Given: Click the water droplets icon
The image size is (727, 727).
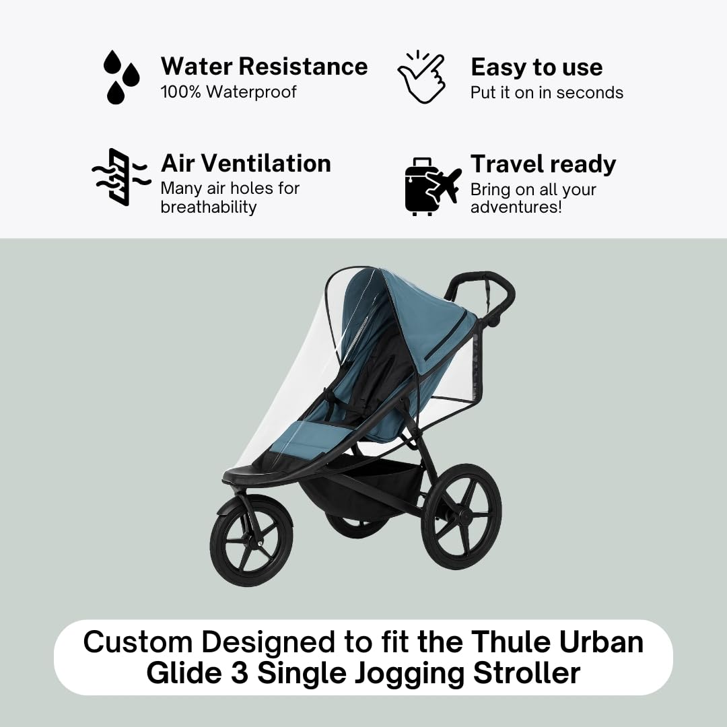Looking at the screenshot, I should [121, 77].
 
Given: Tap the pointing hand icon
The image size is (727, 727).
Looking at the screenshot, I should [421, 77].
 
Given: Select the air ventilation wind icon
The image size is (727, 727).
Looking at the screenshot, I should [119, 177].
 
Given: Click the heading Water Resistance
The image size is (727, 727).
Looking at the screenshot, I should [264, 67].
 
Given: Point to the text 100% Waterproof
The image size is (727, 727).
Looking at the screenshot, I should [228, 92].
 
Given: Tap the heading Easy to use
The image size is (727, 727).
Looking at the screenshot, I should [536, 67].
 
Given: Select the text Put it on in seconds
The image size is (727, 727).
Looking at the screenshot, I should [547, 92].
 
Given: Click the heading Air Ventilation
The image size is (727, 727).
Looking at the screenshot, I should [246, 164].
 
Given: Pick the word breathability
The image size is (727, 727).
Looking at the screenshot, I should [208, 207].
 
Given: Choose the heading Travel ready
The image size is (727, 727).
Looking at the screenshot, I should [543, 164].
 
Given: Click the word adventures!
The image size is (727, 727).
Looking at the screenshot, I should [516, 207].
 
